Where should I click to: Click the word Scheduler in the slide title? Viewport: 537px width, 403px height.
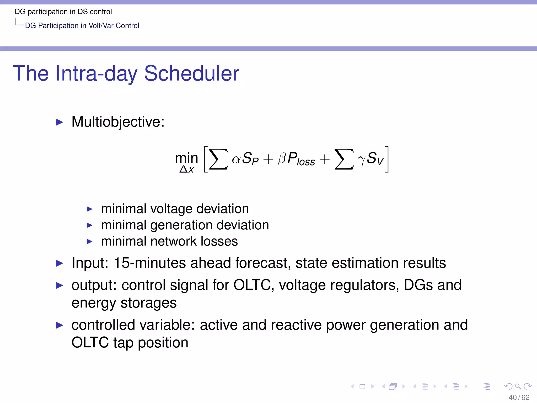pos(191,73)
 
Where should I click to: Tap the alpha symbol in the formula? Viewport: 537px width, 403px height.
pos(236,159)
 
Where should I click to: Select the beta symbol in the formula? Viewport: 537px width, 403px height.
pos(282,159)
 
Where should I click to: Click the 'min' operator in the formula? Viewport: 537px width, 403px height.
pos(186,158)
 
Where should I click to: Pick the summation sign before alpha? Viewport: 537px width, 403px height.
pos(218,159)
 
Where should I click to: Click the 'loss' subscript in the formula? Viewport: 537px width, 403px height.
pos(306,162)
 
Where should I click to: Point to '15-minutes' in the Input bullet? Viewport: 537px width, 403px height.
pos(150,263)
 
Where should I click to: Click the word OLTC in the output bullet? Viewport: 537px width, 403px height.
pos(252,285)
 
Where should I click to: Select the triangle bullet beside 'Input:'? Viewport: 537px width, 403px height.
pos(60,263)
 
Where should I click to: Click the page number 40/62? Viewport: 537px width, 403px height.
pos(519,397)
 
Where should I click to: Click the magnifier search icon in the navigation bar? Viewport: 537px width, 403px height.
pos(518,386)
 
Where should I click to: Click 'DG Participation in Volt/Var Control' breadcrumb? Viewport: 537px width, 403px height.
pos(82,26)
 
